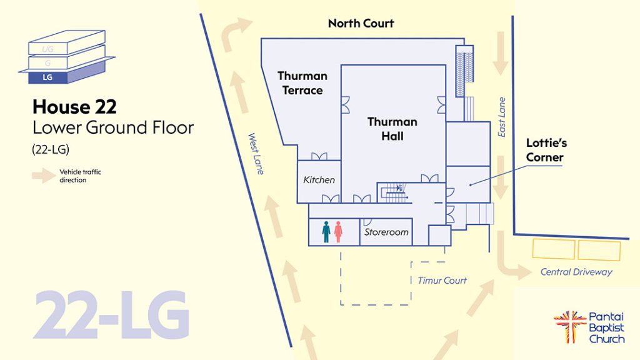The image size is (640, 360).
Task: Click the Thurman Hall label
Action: (x=392, y=129)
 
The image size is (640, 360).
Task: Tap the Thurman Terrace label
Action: (x=302, y=83)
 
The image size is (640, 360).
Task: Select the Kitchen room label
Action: (x=319, y=179)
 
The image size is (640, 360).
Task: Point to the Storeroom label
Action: (x=386, y=232)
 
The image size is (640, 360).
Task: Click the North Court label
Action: (x=361, y=23)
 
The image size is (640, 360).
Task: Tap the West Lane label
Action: (x=256, y=154)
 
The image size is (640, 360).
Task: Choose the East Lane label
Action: (x=502, y=117)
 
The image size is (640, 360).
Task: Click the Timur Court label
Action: (x=442, y=281)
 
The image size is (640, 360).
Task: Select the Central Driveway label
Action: (x=576, y=272)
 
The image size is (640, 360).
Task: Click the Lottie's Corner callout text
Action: (x=546, y=150)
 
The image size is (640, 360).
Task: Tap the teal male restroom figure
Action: (x=326, y=232)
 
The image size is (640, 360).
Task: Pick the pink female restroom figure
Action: (x=338, y=232)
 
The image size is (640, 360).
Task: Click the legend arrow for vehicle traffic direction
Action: (x=44, y=176)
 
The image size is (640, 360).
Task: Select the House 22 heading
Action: (x=75, y=106)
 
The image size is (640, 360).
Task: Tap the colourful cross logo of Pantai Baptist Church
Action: (x=569, y=326)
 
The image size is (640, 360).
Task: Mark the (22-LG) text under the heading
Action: (x=51, y=149)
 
